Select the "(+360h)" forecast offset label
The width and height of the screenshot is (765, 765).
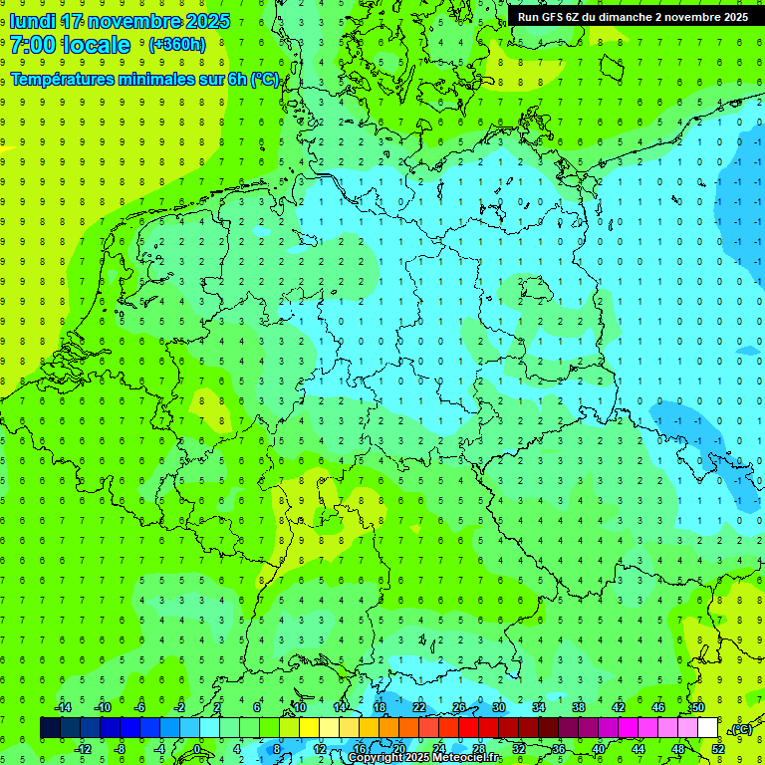click(177, 45)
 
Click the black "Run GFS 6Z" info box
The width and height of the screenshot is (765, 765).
click(633, 16)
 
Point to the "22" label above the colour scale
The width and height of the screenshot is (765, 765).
click(419, 707)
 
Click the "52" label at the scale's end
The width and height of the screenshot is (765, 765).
click(718, 749)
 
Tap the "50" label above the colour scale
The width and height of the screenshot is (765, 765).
click(697, 707)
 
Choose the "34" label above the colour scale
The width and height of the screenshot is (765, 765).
click(539, 707)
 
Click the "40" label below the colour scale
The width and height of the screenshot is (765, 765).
click(599, 749)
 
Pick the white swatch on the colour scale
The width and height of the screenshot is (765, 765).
click(707, 728)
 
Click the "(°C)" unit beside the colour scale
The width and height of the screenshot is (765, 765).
click(741, 729)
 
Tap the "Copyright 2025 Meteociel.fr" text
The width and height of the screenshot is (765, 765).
click(423, 758)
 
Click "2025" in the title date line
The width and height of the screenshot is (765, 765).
click(205, 21)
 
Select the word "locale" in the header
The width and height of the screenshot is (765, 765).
click(96, 45)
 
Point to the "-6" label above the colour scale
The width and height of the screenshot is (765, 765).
click(140, 707)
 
